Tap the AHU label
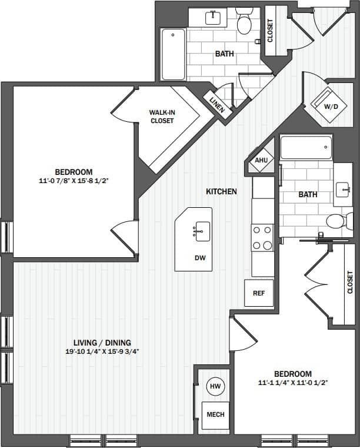(x=259, y=159)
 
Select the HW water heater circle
(x=215, y=386)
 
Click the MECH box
(x=215, y=414)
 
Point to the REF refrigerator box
(x=259, y=293)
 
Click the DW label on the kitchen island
(x=200, y=258)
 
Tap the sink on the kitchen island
(x=201, y=230)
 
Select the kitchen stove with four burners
(x=262, y=237)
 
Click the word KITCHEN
(x=221, y=191)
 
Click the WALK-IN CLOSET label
(x=161, y=117)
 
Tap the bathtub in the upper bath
(x=173, y=54)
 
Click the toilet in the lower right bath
(x=336, y=221)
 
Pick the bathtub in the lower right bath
(x=306, y=147)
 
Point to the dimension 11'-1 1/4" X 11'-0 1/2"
(x=292, y=383)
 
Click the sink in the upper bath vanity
(x=212, y=17)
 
